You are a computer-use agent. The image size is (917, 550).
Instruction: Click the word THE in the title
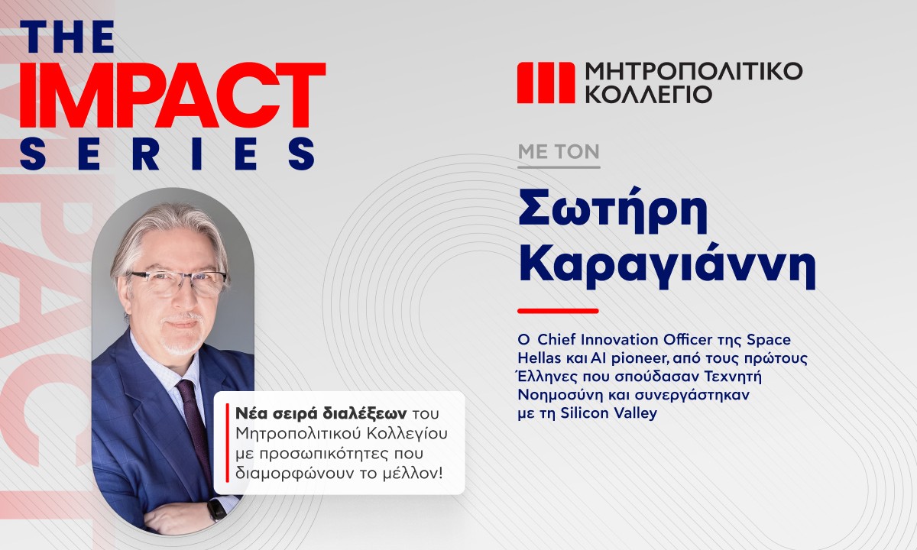coord(66,37)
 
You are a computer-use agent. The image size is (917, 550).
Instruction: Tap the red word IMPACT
coord(173,95)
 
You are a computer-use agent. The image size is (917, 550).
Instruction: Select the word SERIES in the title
coord(167,154)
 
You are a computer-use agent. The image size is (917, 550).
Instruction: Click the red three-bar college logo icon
coord(546,82)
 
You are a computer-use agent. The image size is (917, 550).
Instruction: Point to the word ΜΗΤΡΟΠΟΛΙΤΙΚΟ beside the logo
coord(694,71)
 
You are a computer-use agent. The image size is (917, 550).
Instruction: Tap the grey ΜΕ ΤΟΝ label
coord(559,152)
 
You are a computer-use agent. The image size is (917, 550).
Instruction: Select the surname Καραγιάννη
coord(667,267)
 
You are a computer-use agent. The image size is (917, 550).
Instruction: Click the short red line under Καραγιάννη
coord(558,311)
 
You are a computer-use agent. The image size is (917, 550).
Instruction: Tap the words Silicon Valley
coord(608,413)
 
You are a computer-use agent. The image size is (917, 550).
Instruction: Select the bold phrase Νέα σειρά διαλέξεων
coord(321,414)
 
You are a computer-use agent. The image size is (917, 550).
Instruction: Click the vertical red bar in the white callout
coord(227,443)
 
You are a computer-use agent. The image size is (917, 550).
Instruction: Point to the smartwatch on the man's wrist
coord(217,509)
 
